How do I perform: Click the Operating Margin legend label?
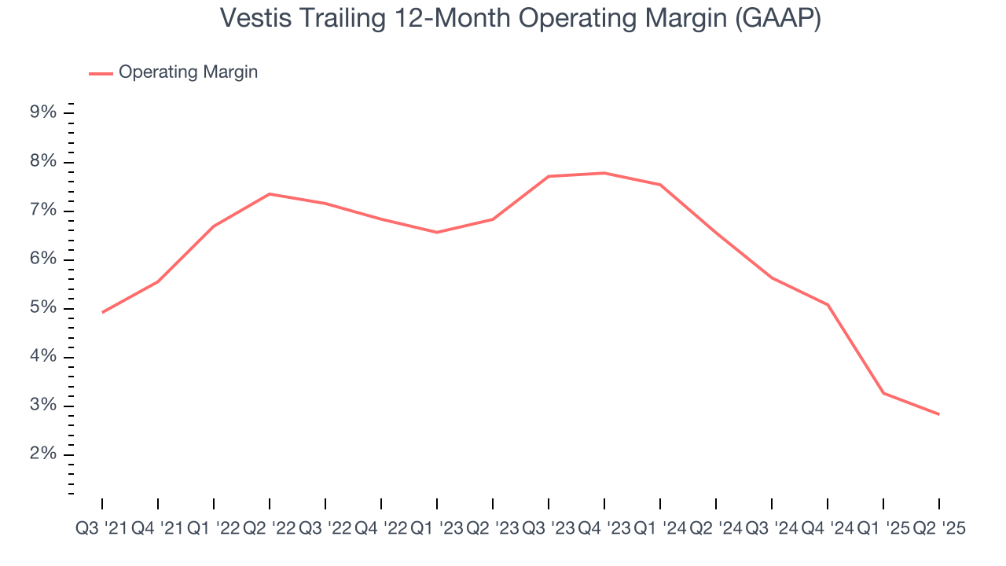(x=188, y=72)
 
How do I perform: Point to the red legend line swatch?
(x=101, y=73)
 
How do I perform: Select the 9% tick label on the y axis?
(x=43, y=112)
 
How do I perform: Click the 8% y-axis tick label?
(x=43, y=162)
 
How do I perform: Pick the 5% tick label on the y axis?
(x=43, y=308)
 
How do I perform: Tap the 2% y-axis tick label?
(x=43, y=454)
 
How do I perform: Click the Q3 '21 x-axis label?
(x=101, y=529)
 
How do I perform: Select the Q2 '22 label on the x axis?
(x=269, y=529)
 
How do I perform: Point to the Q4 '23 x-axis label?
(x=604, y=529)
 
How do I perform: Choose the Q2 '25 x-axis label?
(x=938, y=529)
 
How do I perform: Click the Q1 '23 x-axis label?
(x=437, y=529)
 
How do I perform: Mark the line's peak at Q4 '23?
(x=604, y=173)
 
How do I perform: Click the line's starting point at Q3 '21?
(x=102, y=312)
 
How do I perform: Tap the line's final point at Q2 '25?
(x=938, y=414)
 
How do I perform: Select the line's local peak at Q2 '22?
(x=270, y=193)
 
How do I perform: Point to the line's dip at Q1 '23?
(x=437, y=232)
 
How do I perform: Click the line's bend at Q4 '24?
(x=828, y=304)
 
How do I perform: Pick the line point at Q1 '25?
(x=883, y=393)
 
